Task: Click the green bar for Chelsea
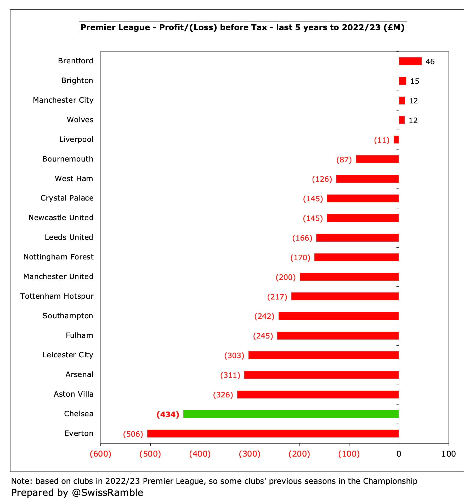click(291, 414)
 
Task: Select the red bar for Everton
click(273, 434)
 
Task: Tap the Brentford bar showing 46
click(410, 61)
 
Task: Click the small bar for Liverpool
click(396, 140)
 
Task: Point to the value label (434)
click(168, 414)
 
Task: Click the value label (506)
click(133, 434)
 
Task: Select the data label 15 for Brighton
click(415, 81)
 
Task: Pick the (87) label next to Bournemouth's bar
click(344, 159)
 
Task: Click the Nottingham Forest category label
click(58, 257)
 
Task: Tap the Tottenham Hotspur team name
click(57, 296)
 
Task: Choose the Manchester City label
click(63, 100)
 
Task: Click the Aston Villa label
click(73, 394)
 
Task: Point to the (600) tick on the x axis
click(100, 454)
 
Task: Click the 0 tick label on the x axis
click(399, 454)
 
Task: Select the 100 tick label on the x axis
click(448, 454)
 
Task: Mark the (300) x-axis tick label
click(250, 454)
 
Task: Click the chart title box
click(243, 27)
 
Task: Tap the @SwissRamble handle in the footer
click(107, 492)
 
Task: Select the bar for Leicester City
click(324, 355)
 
